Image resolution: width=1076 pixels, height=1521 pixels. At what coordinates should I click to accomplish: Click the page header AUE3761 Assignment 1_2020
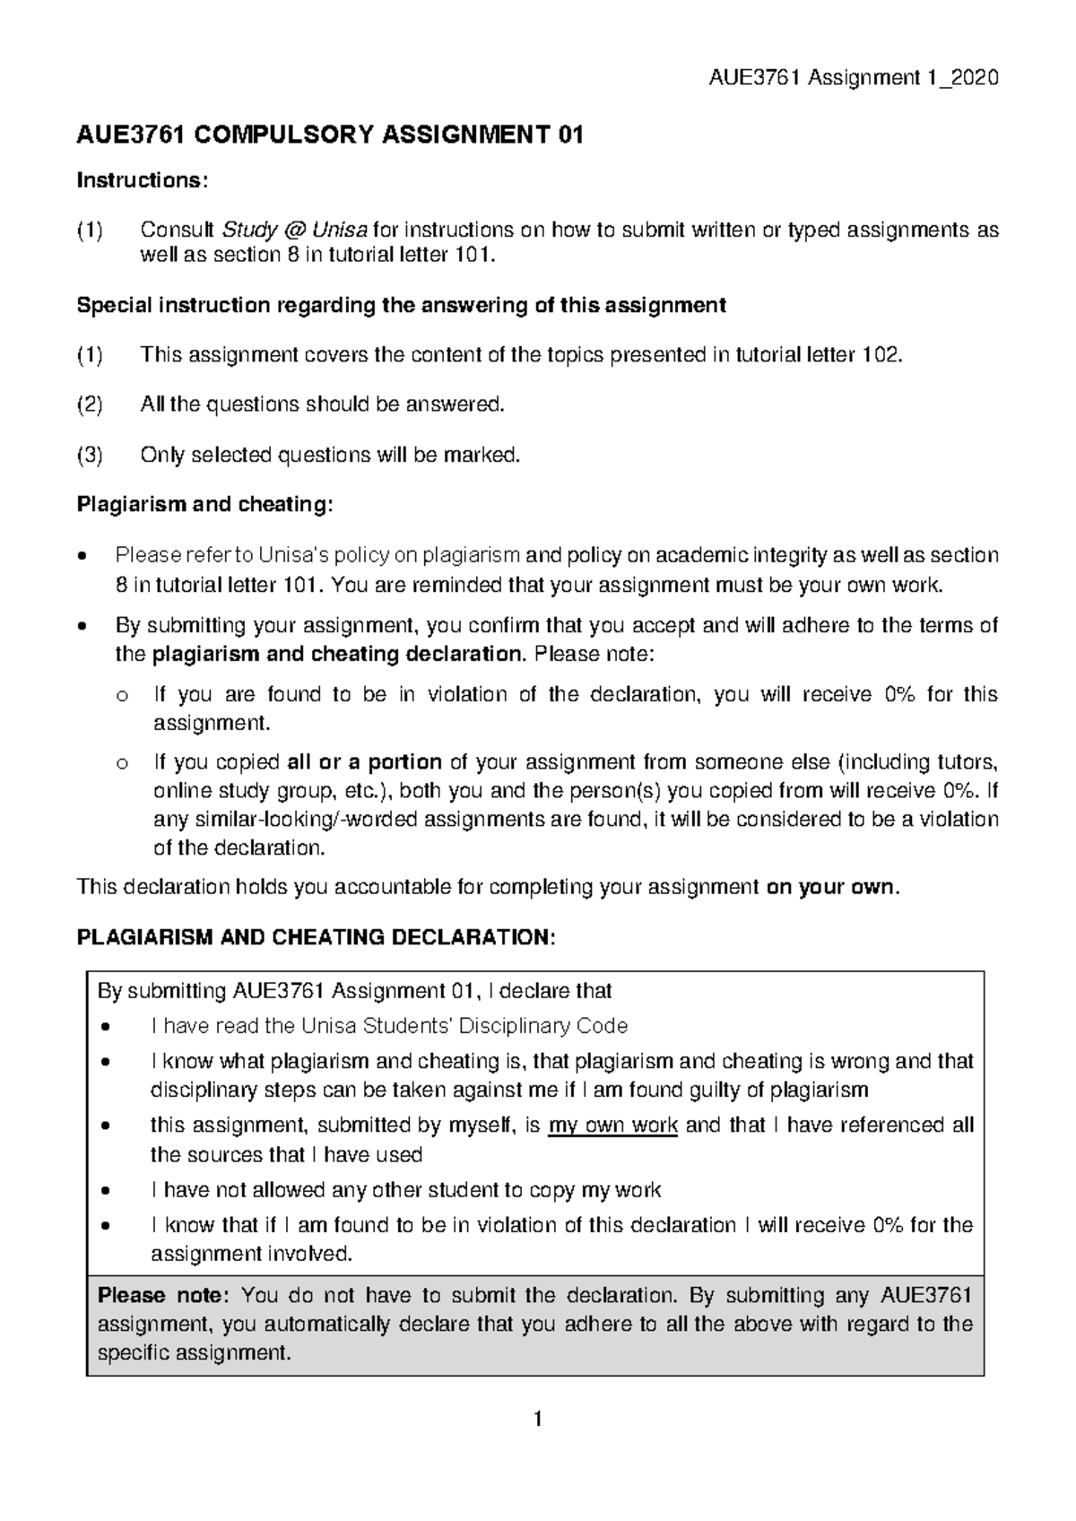(853, 78)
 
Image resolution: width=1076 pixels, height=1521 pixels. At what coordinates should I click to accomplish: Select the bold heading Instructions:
(143, 180)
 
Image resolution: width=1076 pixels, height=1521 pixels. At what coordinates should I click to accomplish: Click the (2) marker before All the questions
(91, 405)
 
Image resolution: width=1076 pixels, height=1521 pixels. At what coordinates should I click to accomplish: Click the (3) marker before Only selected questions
(91, 456)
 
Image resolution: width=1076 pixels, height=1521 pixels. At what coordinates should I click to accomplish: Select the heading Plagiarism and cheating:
(204, 505)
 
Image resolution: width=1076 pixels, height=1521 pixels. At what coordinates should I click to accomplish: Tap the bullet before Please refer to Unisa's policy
(83, 556)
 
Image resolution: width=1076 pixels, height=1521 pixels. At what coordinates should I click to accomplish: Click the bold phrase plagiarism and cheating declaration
(337, 655)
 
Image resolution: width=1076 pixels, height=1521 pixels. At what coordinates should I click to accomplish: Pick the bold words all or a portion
(364, 763)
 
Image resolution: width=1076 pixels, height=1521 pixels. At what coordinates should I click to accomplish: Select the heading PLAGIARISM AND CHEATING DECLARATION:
(316, 938)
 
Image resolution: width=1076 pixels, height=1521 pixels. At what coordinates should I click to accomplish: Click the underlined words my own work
(612, 1126)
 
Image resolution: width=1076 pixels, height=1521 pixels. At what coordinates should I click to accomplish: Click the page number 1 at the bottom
(537, 1420)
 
